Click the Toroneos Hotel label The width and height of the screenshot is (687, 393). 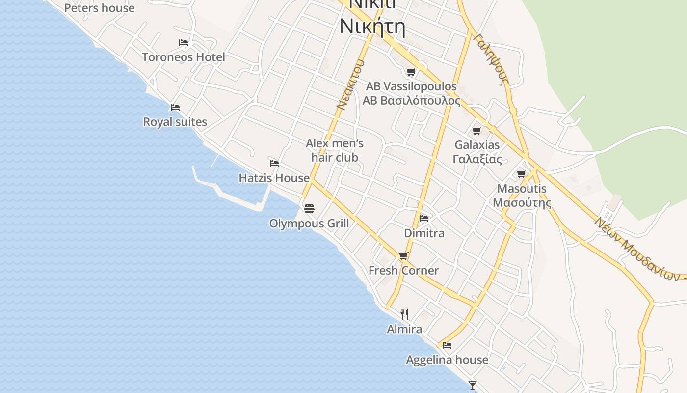(x=184, y=57)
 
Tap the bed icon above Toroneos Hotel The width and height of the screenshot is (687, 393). (x=184, y=43)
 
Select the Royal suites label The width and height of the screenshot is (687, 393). (x=175, y=122)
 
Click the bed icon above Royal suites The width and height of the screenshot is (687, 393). (x=175, y=107)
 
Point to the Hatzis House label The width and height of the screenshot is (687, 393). (x=274, y=178)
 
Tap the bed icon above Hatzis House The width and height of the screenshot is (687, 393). (x=274, y=163)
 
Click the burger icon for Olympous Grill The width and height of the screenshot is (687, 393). (x=309, y=209)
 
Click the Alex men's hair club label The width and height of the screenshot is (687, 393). (x=335, y=150)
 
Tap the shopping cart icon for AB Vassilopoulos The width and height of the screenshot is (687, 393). (x=411, y=72)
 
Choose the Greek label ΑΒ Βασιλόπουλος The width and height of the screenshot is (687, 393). (x=411, y=101)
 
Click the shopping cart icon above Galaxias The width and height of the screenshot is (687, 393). (x=476, y=131)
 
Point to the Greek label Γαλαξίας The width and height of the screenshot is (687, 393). (x=477, y=159)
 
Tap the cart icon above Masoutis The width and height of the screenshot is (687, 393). (x=522, y=174)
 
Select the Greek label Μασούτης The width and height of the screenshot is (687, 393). (x=522, y=202)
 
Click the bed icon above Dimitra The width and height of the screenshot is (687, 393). (x=424, y=218)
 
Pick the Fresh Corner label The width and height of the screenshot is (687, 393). (x=403, y=270)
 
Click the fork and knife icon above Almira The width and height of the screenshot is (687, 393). (x=404, y=314)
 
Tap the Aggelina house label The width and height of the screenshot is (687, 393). (x=447, y=360)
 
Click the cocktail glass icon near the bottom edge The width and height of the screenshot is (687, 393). (x=473, y=386)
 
